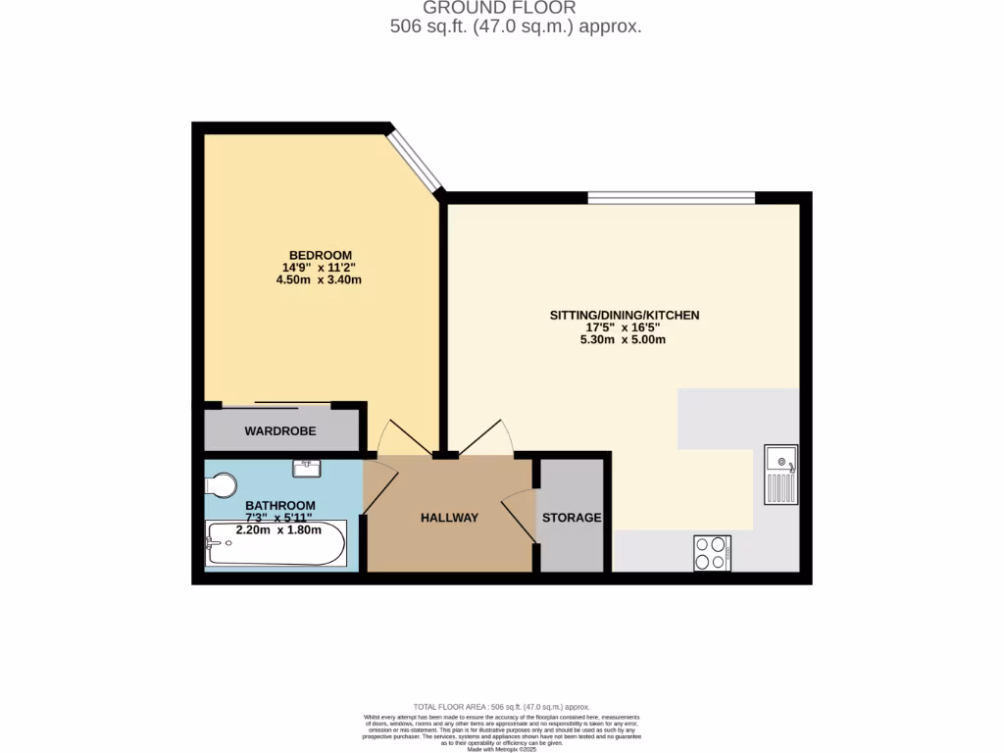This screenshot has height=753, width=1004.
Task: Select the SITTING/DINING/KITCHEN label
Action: (x=624, y=315)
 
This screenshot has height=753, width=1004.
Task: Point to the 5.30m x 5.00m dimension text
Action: (x=624, y=340)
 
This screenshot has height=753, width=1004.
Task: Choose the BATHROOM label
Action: (x=280, y=506)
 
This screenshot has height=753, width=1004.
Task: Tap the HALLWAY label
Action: (x=449, y=518)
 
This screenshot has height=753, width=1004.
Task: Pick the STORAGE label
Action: (x=572, y=518)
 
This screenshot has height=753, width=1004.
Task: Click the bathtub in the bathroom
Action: (x=276, y=544)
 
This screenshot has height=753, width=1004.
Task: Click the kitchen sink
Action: (x=781, y=475)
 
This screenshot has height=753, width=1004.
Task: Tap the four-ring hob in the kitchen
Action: (x=712, y=553)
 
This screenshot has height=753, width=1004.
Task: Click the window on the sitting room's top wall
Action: (x=672, y=198)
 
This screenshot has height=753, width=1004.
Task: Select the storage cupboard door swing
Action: (x=520, y=516)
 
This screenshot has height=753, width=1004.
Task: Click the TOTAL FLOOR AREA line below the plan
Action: (x=501, y=707)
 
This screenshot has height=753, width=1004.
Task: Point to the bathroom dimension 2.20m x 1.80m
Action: (x=278, y=530)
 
